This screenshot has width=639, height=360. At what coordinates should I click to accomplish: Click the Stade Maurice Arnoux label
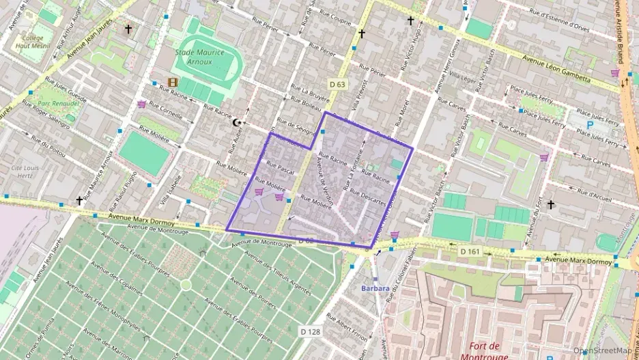[208, 57]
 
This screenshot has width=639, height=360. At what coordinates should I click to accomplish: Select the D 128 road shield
[310, 331]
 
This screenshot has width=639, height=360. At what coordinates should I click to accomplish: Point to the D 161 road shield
[470, 252]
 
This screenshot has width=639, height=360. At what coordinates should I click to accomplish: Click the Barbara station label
[375, 288]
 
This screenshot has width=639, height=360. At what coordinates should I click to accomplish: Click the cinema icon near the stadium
[173, 83]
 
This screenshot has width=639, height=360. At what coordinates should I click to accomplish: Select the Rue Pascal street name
[280, 167]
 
